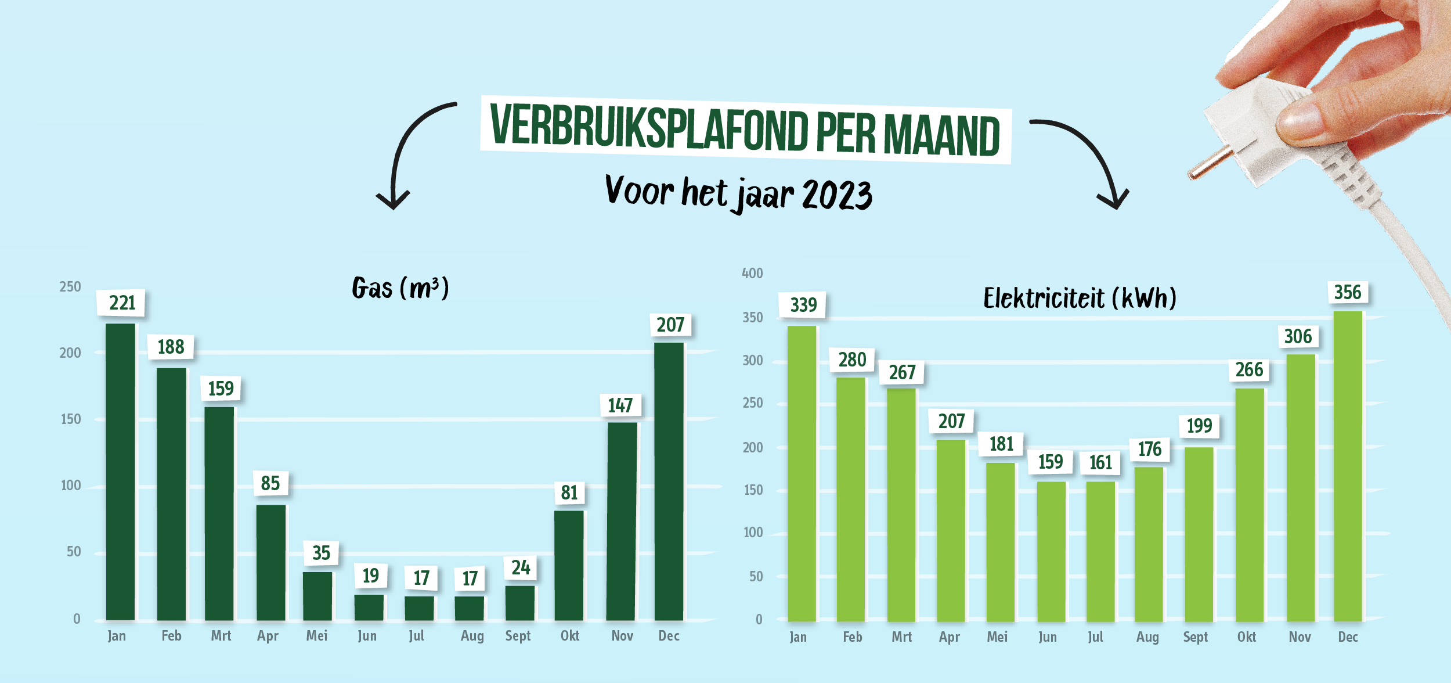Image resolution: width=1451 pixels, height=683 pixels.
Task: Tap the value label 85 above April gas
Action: coord(270,483)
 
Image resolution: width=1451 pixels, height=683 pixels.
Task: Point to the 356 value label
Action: coord(1348,293)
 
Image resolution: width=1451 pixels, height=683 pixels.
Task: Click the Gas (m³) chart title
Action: coord(400,288)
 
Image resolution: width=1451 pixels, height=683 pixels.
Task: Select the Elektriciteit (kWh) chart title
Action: coord(1080,299)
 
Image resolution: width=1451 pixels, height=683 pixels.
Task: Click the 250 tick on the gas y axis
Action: coord(70,287)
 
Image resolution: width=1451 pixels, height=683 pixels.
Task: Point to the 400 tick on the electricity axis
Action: coord(752,274)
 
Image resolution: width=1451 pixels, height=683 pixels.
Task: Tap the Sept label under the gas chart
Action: coord(518,636)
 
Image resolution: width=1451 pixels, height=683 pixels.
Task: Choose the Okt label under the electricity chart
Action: coord(1246,637)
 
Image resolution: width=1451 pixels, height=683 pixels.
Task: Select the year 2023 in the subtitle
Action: coord(837,194)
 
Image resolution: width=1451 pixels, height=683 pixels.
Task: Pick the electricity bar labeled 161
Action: coord(1100,551)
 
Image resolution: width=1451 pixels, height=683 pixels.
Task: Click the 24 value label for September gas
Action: coord(521,567)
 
